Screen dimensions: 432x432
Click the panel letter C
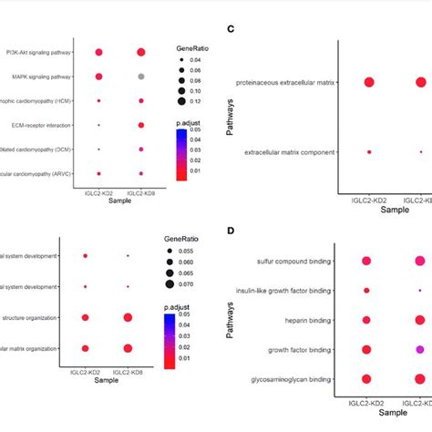tap(231, 29)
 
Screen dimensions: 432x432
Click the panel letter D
tap(231, 231)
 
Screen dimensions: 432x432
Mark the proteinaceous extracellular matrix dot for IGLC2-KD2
tap(369, 83)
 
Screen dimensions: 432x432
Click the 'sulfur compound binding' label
tap(296, 262)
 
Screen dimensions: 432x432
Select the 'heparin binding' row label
tap(310, 320)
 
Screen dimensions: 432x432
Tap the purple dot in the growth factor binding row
tap(420, 349)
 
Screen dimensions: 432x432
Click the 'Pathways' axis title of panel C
tap(231, 118)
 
